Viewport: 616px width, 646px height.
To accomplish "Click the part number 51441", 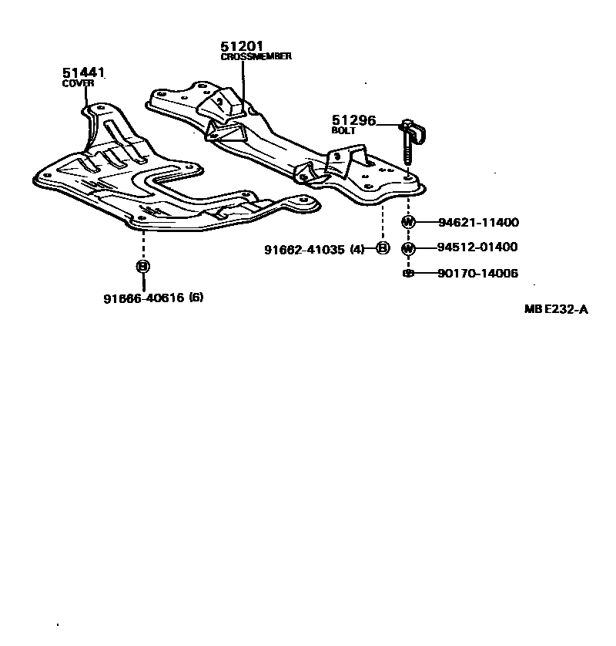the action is [x=83, y=73].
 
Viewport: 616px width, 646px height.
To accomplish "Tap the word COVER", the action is [x=77, y=84].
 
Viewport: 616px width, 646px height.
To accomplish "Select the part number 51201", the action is [x=242, y=46].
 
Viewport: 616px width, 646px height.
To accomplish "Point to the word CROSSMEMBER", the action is [x=256, y=57].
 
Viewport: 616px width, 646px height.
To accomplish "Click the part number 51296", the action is [x=353, y=120].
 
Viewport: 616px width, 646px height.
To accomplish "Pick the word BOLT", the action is [x=343, y=131].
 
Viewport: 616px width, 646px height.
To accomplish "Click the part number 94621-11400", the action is [x=478, y=223].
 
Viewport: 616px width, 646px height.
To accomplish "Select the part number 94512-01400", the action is [x=478, y=247].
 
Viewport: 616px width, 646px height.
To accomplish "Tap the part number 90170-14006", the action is [x=478, y=273].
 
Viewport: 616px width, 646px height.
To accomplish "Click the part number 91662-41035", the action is [x=304, y=249].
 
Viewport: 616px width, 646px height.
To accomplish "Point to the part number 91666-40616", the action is [x=143, y=298].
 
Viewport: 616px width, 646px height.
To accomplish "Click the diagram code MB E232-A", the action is [x=556, y=310].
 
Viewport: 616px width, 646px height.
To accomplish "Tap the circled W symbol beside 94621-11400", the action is [x=408, y=223].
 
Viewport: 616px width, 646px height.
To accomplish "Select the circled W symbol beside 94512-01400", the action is [x=408, y=247].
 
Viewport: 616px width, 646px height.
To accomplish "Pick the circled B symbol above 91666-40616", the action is [x=143, y=267].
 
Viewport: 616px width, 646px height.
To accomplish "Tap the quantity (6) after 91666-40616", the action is [x=196, y=298].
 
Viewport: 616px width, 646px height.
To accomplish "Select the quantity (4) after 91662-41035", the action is [x=357, y=249].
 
